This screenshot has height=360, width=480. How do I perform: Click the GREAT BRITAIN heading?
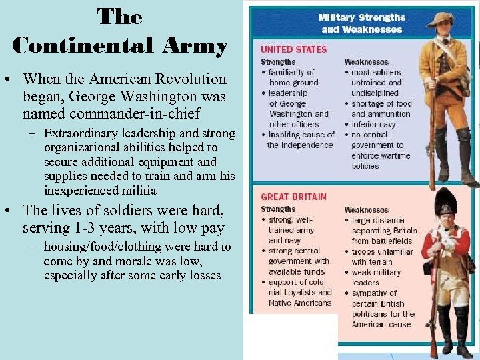pos(294,197)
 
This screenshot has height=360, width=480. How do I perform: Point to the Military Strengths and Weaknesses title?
pos(361,23)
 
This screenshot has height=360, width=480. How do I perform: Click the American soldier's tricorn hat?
pos(443,19)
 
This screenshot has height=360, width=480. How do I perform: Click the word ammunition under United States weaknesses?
pos(383,114)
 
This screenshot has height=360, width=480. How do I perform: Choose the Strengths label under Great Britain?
pos(278,209)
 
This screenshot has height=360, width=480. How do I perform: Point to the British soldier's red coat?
pos(445,243)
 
